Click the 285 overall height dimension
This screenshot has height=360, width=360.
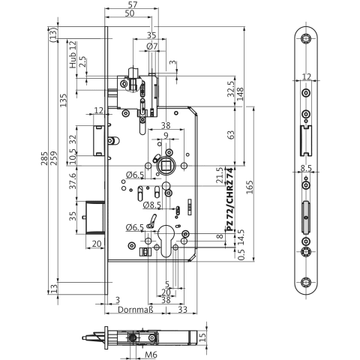[x=44, y=158]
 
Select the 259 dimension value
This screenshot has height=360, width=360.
[x=54, y=158]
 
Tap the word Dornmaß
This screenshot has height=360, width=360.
[x=135, y=310]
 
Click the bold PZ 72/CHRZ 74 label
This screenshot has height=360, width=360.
[x=229, y=199]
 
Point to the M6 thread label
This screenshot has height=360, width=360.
[x=151, y=354]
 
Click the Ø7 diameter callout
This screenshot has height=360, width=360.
[x=152, y=46]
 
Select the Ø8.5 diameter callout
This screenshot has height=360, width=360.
[x=152, y=205]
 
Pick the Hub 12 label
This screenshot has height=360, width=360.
[x=73, y=55]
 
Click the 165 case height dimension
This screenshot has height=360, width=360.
[x=250, y=187]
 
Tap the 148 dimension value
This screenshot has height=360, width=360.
[x=240, y=94]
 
